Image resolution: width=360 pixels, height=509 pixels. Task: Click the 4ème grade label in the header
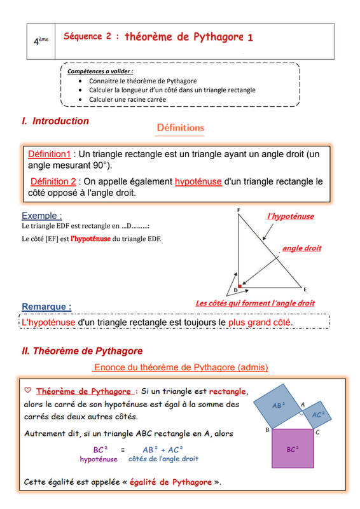pos(41,41)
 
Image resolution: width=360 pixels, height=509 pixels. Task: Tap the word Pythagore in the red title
pos(218,38)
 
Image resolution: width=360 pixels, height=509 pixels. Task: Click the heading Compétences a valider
pos(100,71)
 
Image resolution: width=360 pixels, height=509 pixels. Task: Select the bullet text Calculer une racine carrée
pos(128,99)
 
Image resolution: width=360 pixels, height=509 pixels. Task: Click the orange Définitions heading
pos(181,128)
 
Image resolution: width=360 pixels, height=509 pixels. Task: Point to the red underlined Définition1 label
pos(49,154)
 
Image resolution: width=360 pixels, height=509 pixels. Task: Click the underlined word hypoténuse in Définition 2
pos(198,181)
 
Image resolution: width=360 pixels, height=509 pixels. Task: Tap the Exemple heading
pos(42,216)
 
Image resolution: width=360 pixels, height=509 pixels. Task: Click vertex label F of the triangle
pos(239,210)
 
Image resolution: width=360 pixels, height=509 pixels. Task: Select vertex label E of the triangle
pos(305,289)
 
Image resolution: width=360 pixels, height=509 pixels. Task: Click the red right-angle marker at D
pos(240,286)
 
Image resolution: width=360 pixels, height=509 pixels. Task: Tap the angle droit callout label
pos(302,248)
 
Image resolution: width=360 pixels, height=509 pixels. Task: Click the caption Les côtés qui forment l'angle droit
pos(255,303)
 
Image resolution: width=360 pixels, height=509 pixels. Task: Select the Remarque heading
pos(46,307)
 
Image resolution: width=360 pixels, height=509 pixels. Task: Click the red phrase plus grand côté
pos(260,323)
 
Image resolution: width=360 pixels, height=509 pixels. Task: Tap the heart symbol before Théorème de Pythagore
pos(28,390)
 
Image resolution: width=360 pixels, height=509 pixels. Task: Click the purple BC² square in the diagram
pos(293,449)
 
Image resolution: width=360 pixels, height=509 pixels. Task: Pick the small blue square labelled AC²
pos(317,415)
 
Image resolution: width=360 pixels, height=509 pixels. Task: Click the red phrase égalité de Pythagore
pos(170,482)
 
